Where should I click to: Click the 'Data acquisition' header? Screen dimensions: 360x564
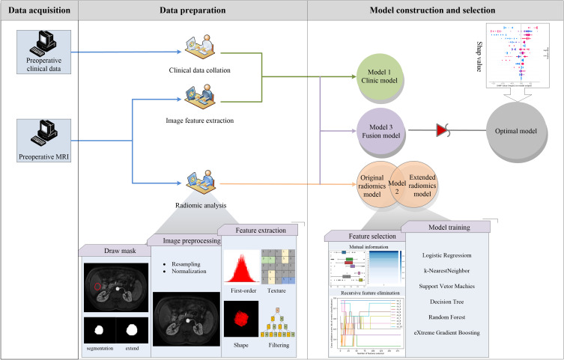click(39, 10)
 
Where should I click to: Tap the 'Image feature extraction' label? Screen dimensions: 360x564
click(198, 120)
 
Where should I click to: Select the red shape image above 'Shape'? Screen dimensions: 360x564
click(241, 317)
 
